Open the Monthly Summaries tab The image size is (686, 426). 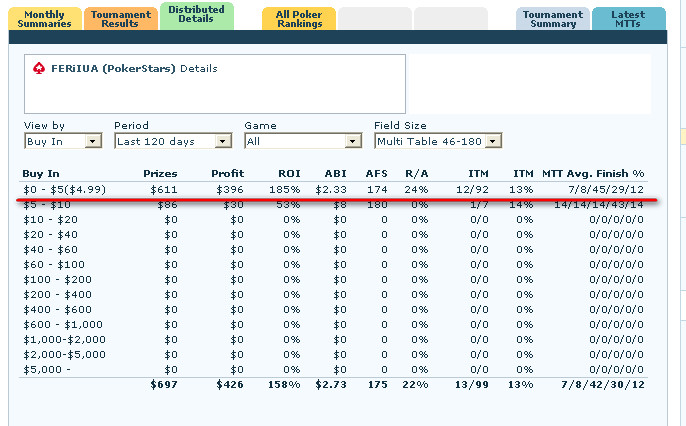click(44, 18)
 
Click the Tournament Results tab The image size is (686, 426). click(120, 18)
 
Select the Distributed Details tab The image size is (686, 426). click(196, 15)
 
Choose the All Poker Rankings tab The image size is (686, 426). click(299, 18)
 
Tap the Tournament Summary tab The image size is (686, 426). click(552, 18)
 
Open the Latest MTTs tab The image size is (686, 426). click(628, 18)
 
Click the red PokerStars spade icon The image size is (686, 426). click(39, 69)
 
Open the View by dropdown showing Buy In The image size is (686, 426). click(63, 141)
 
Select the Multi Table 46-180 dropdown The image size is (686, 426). click(437, 141)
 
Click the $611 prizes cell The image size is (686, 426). click(164, 189)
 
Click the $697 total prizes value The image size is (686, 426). click(164, 384)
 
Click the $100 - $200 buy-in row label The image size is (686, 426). click(56, 279)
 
